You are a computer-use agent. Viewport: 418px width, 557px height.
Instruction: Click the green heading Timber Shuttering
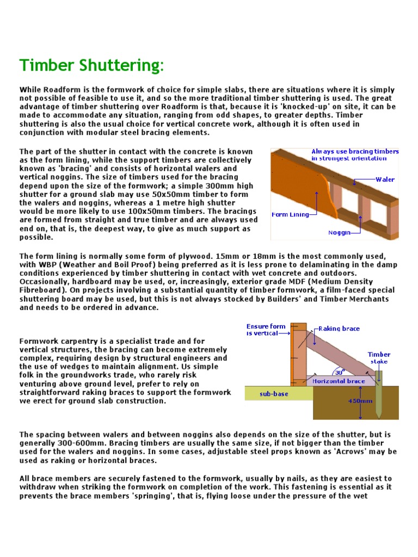tap(91, 66)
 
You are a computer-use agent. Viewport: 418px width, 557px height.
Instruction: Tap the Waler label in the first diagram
tap(385, 179)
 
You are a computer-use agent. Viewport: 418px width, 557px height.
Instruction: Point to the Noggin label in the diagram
tap(339, 232)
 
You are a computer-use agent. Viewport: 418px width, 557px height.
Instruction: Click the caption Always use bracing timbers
tap(355, 151)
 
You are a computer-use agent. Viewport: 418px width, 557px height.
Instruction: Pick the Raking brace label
tap(339, 329)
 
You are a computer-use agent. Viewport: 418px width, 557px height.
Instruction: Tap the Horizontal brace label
tap(339, 381)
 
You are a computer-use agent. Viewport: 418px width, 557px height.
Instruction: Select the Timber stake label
tap(379, 357)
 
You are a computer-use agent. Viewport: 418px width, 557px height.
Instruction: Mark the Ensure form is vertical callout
tap(262, 330)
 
